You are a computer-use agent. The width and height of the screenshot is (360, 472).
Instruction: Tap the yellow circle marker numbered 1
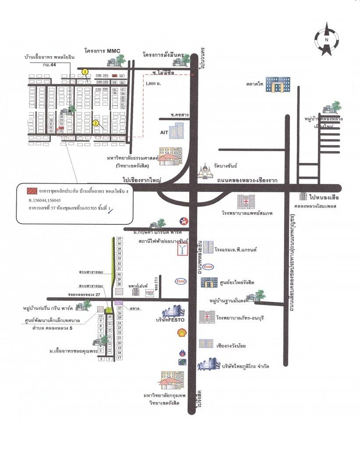tap(85, 71)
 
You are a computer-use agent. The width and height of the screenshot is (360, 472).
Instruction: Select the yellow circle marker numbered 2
tap(95, 123)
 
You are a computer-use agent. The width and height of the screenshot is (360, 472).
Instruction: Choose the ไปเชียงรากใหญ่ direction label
tap(143, 180)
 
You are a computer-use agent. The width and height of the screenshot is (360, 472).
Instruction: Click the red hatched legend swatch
tap(32, 191)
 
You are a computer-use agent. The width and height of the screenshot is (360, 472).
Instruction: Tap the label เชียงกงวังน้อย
tap(231, 346)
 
